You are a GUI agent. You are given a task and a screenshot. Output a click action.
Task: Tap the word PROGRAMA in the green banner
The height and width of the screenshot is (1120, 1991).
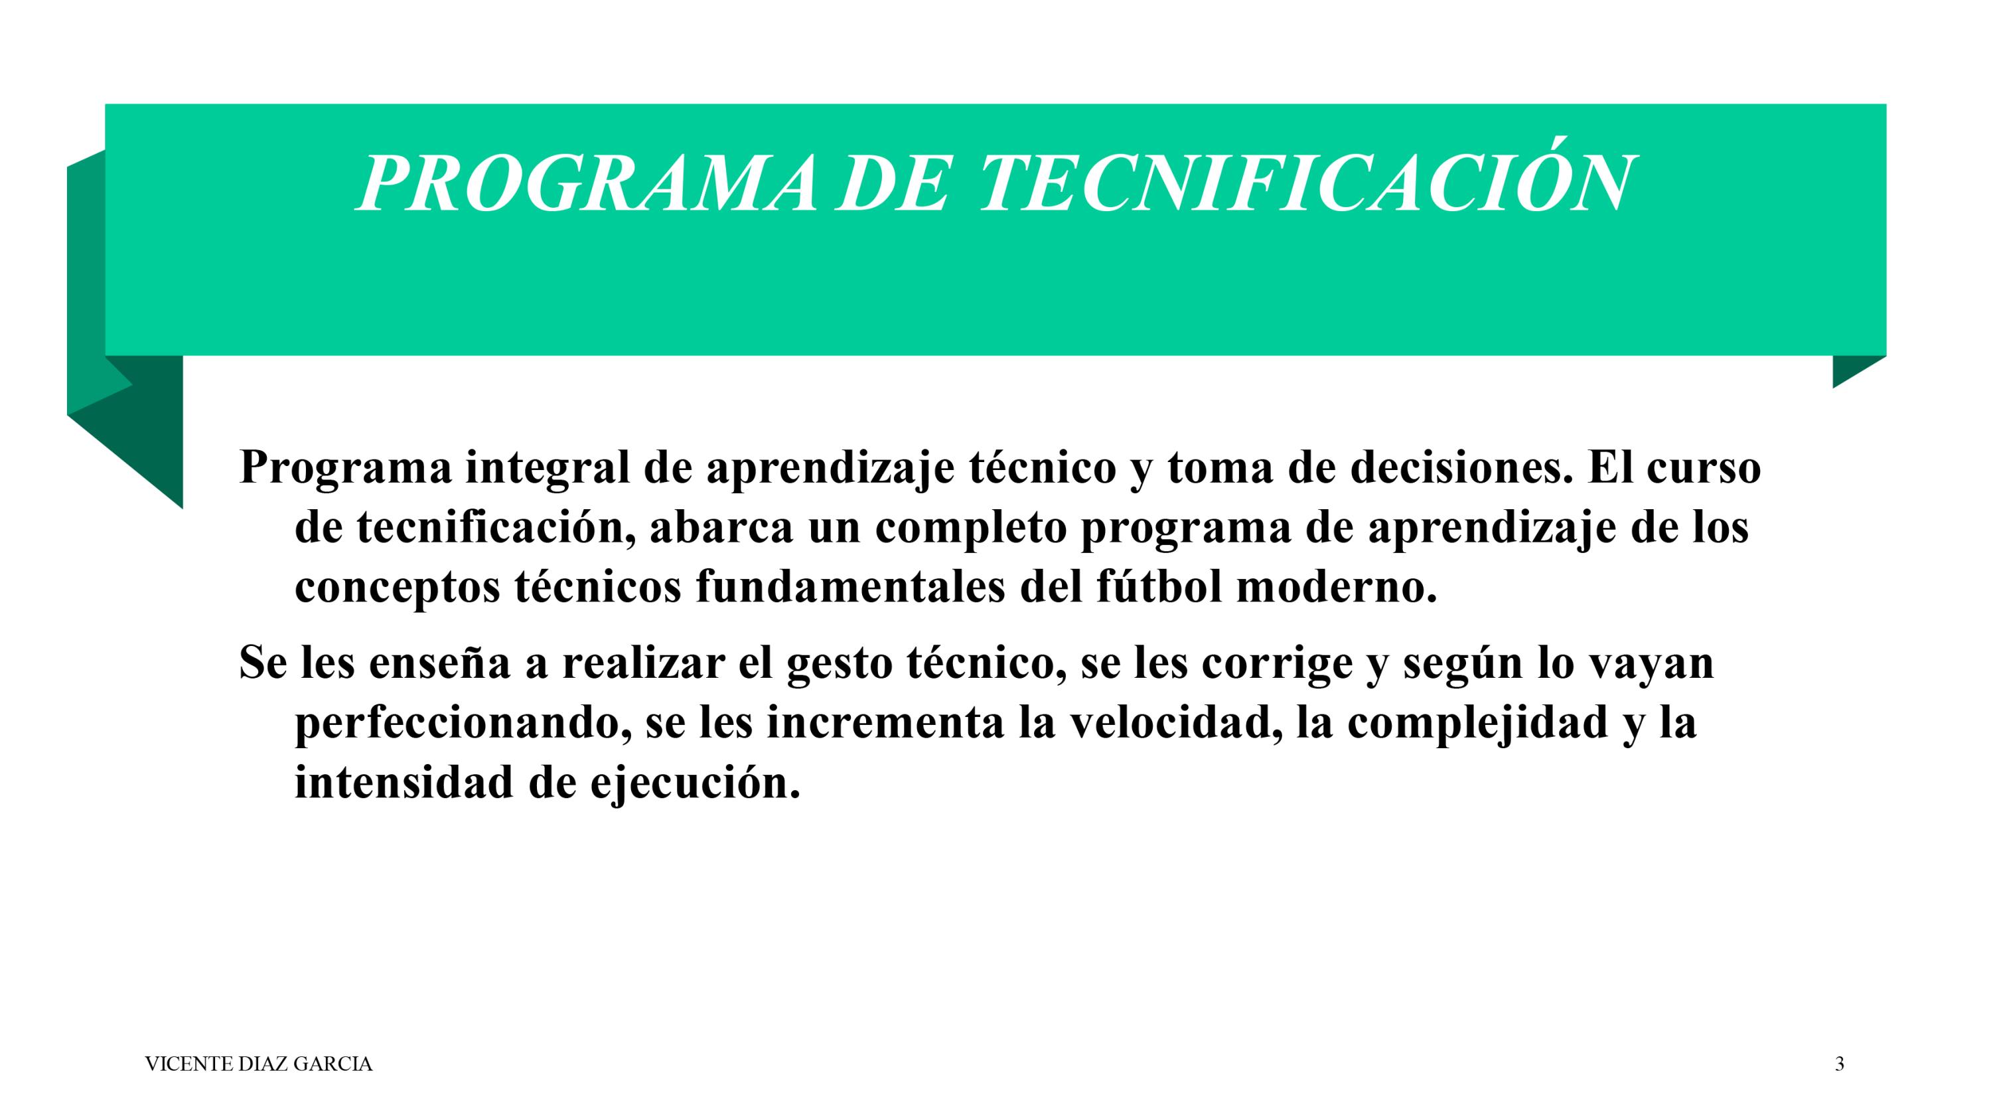[x=585, y=183]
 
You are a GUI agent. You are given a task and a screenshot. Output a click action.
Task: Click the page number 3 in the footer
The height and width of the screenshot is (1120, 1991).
[x=1840, y=1064]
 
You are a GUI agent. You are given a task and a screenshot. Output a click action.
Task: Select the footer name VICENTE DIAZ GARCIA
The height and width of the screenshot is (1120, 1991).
[x=259, y=1064]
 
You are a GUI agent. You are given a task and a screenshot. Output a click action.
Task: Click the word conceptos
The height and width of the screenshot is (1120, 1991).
[x=398, y=589]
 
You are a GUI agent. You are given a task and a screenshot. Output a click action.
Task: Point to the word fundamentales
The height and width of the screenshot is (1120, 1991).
[x=851, y=587]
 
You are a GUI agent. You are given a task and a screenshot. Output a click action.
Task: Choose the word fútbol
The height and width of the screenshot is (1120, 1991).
[x=1159, y=587]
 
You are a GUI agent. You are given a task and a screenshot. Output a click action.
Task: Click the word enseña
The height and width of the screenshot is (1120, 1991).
[x=440, y=663]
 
